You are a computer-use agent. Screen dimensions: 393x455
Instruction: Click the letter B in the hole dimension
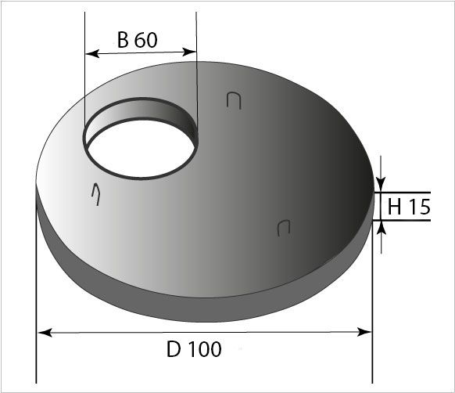[123, 40]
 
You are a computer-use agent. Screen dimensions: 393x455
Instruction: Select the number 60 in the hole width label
[145, 40]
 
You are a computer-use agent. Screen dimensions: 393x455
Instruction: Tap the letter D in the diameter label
[174, 348]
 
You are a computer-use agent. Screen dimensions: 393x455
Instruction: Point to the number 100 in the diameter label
[205, 348]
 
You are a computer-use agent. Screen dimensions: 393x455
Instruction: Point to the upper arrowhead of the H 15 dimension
[381, 186]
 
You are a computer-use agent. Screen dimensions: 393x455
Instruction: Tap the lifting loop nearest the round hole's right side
[232, 99]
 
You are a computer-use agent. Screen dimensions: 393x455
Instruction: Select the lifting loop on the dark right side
[284, 228]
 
